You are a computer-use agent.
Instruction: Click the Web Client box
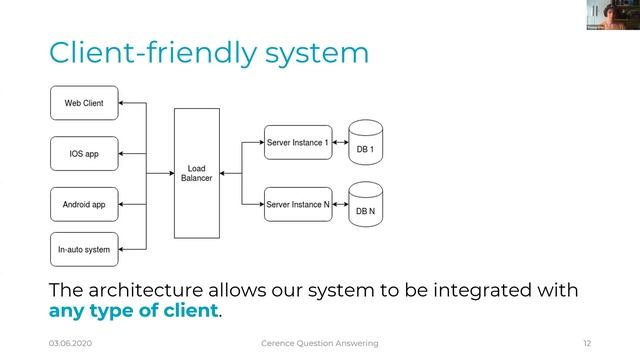click(85, 103)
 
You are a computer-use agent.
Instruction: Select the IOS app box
click(85, 154)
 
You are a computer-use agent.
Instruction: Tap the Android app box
click(85, 204)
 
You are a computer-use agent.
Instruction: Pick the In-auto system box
click(85, 249)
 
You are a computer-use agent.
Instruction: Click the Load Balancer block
click(197, 173)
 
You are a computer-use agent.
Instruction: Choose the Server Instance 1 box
click(297, 143)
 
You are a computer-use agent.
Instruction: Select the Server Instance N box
click(297, 204)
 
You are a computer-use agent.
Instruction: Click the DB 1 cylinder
click(365, 146)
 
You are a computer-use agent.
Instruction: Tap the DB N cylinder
click(365, 207)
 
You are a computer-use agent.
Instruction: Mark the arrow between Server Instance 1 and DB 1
click(339, 143)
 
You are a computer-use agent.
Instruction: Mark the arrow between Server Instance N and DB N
click(339, 204)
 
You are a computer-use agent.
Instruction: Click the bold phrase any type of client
click(133, 310)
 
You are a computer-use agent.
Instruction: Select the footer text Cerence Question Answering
click(320, 343)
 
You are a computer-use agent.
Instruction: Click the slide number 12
click(587, 343)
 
